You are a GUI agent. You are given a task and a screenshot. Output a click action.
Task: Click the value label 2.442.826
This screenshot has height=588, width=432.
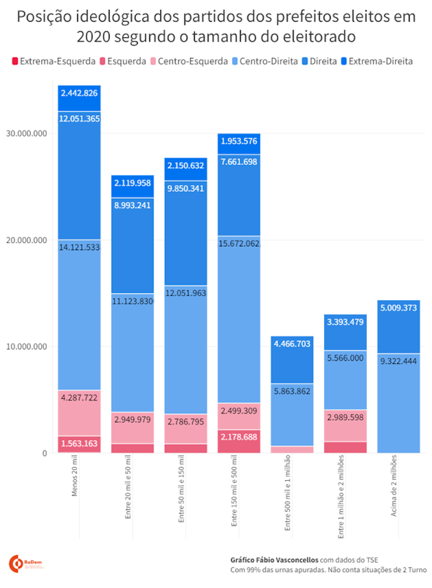tap(79, 93)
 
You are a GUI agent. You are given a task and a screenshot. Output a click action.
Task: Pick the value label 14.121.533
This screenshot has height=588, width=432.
tap(79, 248)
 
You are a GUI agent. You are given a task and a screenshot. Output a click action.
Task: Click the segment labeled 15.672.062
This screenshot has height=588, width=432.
tap(239, 321)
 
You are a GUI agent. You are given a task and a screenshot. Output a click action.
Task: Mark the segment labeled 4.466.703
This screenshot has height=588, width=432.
tap(292, 359)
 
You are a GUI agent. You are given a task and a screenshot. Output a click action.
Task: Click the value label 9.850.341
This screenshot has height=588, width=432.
tap(186, 188)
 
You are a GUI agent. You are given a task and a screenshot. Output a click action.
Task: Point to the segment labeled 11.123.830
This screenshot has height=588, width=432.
tap(132, 352)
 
